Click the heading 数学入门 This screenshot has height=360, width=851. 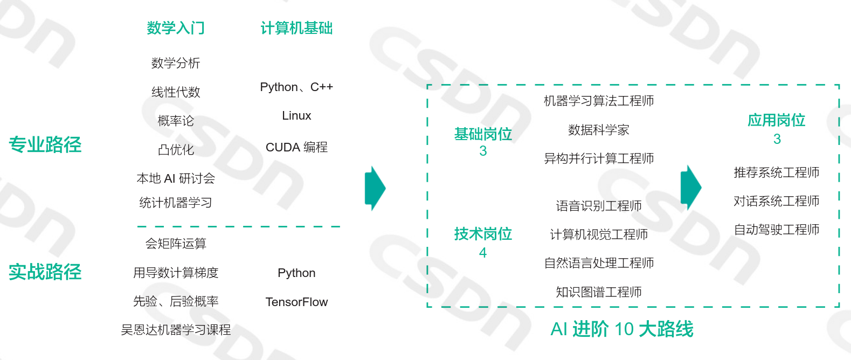click(x=176, y=28)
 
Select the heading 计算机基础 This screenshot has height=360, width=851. click(x=296, y=28)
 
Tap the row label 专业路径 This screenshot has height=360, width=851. click(x=45, y=144)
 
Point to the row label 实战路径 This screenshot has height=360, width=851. click(x=45, y=272)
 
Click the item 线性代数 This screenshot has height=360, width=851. click(x=176, y=92)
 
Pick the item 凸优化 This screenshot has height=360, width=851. click(x=176, y=150)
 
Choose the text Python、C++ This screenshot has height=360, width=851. click(x=296, y=87)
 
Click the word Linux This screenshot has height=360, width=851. click(x=296, y=116)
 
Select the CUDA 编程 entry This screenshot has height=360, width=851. click(x=296, y=147)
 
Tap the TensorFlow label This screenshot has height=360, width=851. click(x=296, y=302)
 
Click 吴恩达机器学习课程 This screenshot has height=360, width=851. click(x=176, y=330)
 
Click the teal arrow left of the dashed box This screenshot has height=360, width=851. click(x=375, y=188)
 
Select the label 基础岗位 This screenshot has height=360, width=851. click(x=483, y=134)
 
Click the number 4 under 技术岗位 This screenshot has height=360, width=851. click(x=483, y=253)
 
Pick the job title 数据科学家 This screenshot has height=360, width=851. click(x=599, y=130)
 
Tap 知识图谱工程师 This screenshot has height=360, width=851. click(x=599, y=292)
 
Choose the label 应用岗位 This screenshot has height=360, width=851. click(x=777, y=120)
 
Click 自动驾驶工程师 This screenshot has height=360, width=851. click(x=777, y=230)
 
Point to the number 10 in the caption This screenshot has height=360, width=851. click(x=624, y=329)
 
